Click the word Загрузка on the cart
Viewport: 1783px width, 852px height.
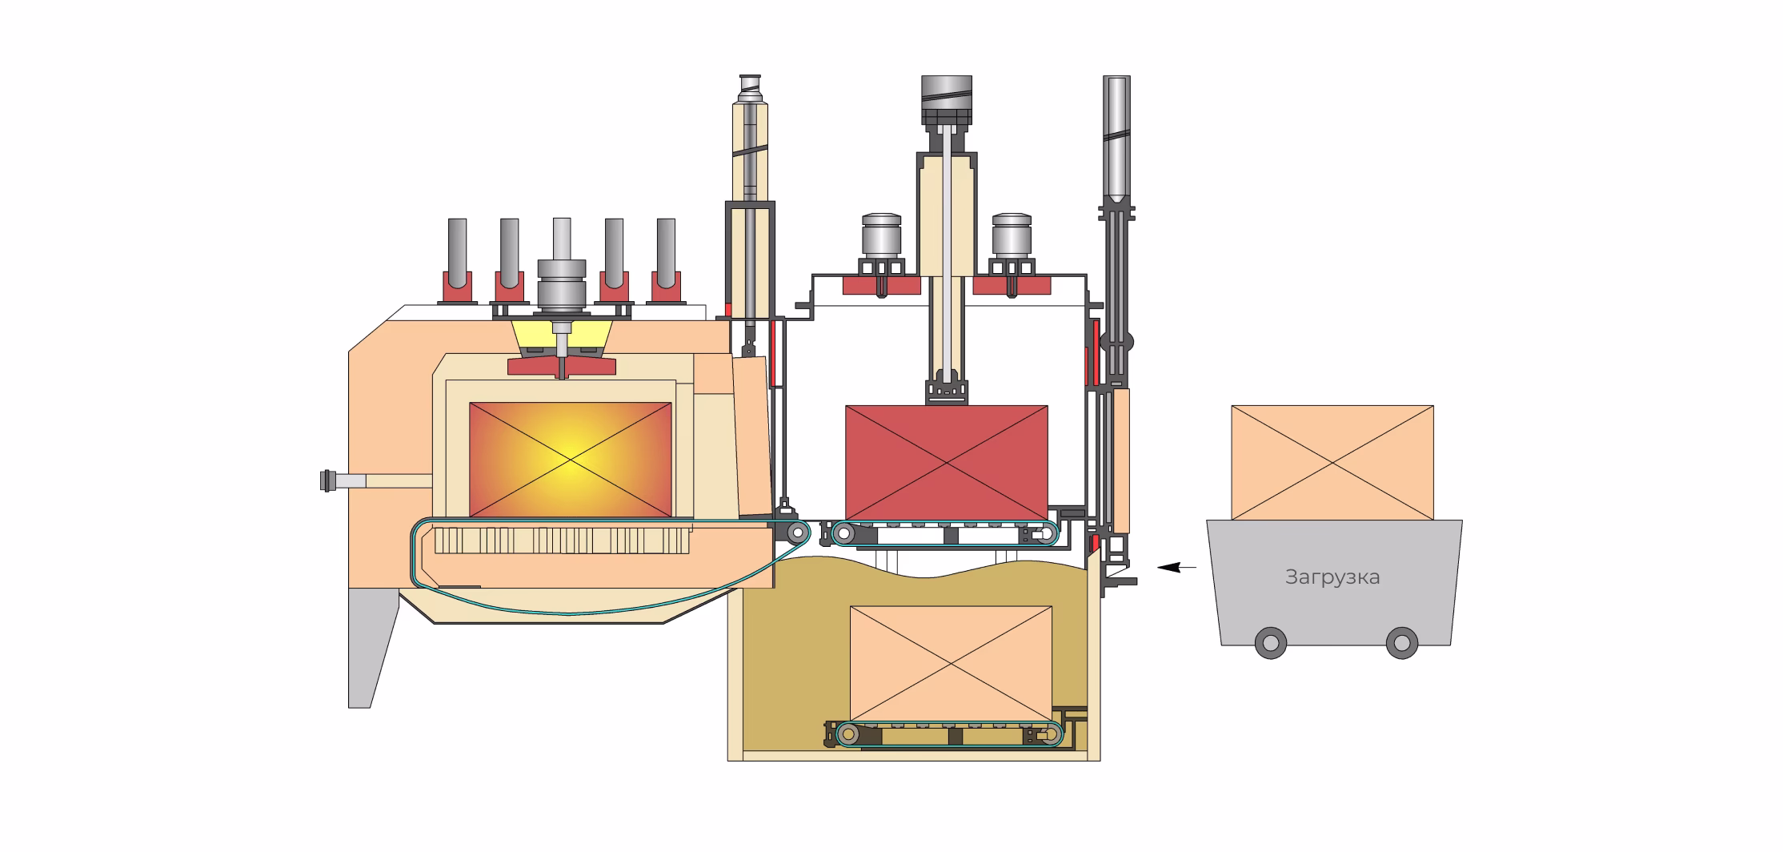(x=1332, y=577)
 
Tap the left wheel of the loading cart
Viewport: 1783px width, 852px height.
(x=1270, y=642)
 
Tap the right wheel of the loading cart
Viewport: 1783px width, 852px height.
(x=1401, y=642)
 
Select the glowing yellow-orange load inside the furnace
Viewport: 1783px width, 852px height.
(x=570, y=460)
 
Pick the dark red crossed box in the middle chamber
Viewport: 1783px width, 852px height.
(x=947, y=462)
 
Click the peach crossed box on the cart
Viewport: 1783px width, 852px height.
(x=1332, y=463)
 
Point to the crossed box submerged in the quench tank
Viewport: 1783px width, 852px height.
(x=951, y=664)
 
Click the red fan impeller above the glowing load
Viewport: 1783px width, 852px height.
(x=562, y=366)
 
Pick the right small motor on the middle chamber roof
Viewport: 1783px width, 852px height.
(x=1012, y=235)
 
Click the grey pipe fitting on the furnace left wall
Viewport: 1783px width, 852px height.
(x=343, y=480)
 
